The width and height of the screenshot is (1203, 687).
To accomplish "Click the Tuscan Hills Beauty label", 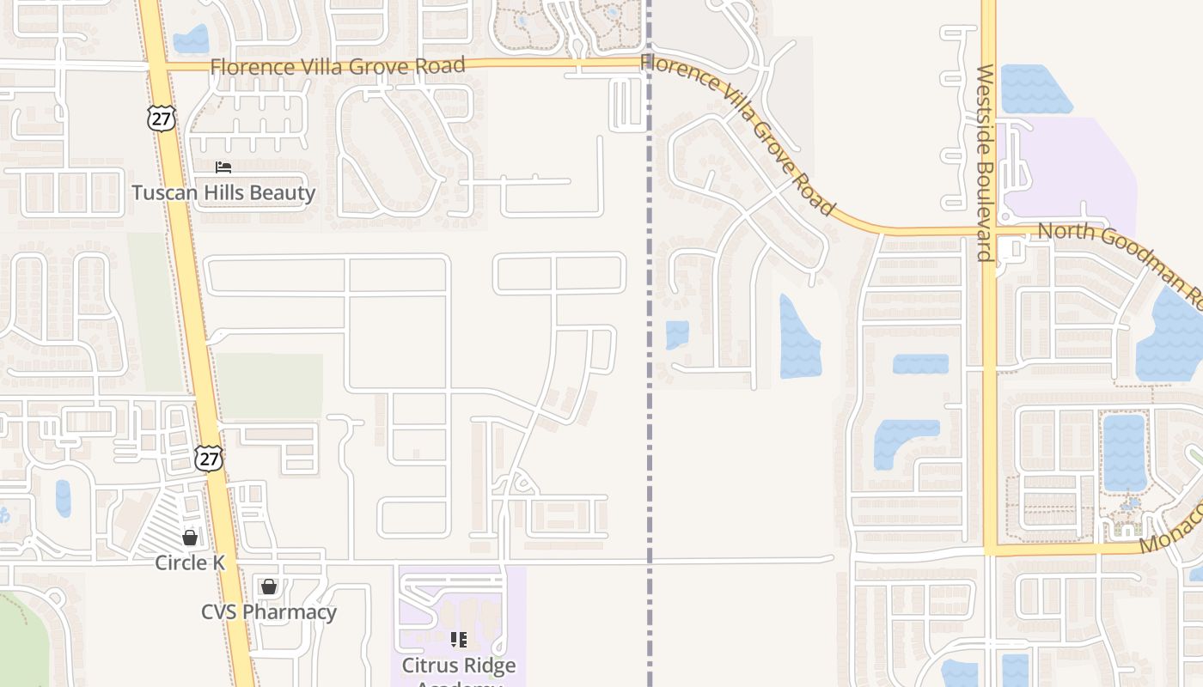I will (x=223, y=192).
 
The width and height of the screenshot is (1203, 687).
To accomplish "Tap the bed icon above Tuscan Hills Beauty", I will (x=223, y=167).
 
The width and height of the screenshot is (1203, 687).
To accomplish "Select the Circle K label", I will (x=190, y=562).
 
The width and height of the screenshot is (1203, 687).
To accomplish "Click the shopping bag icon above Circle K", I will (x=190, y=538).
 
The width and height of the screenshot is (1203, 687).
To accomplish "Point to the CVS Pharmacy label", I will (x=269, y=612).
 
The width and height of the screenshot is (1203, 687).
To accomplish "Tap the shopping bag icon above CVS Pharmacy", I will (x=269, y=587).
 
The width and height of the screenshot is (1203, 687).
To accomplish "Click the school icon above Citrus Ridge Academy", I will (x=459, y=640).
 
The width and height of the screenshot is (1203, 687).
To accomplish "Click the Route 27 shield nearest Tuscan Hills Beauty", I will (x=161, y=118).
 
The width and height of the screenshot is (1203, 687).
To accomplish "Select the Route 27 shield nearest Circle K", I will (x=208, y=458).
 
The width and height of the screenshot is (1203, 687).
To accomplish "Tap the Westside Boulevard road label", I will (x=986, y=163).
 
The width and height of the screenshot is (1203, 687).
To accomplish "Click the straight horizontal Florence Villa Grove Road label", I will (x=338, y=65).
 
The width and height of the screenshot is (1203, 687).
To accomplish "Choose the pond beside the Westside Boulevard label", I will (x=1035, y=89).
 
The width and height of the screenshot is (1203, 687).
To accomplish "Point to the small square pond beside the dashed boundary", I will (x=677, y=335).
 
